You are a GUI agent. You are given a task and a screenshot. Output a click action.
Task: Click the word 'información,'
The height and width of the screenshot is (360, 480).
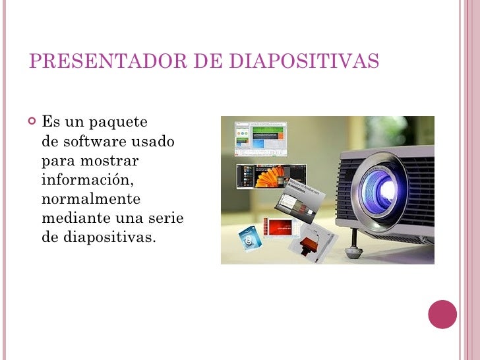tap(88, 179)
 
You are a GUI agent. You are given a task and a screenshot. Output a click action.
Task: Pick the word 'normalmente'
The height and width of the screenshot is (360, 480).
tap(91, 198)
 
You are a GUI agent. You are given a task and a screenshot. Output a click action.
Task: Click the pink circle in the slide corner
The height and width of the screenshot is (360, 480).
tap(442, 315)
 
